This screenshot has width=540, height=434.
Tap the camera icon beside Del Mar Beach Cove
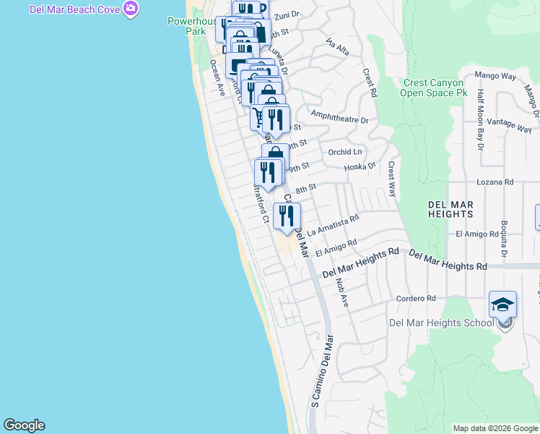(131, 9)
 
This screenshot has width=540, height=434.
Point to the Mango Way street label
(495, 75)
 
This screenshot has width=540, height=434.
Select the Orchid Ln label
(344, 152)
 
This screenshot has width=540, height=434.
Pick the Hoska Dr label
(360, 166)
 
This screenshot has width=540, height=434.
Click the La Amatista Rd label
(333, 226)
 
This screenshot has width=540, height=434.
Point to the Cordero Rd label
(416, 298)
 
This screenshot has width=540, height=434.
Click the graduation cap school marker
(502, 304)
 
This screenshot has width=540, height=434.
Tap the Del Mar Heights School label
(440, 323)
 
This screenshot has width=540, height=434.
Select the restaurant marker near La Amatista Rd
(287, 216)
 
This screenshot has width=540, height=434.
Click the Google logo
(24, 425)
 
